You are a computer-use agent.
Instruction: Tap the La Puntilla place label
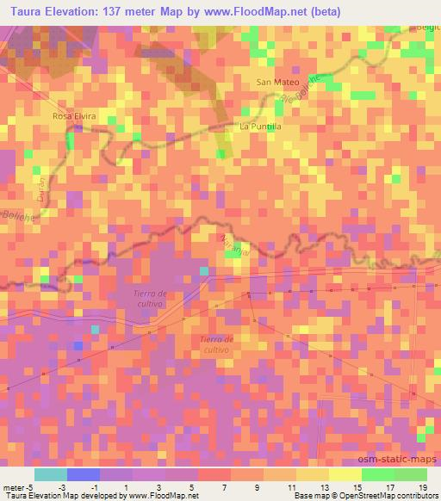pos(260,126)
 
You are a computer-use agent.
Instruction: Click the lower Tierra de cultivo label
pos(208,344)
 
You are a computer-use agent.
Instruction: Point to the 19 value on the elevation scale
pos(422,486)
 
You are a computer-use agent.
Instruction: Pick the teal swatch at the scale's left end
pos(51,474)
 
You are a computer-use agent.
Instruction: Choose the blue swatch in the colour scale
pos(84,474)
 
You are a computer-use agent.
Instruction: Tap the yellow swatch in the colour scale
pos(345,474)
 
